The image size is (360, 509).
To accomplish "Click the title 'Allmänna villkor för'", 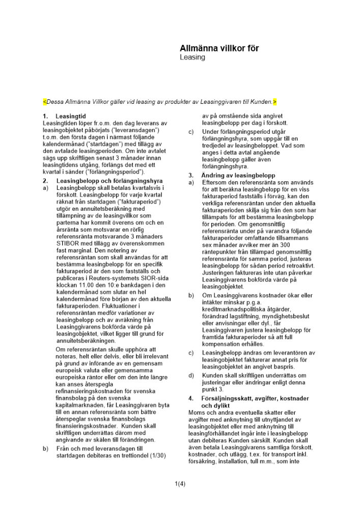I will (219, 48).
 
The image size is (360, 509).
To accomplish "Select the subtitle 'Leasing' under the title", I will (192, 58).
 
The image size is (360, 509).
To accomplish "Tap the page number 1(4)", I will (180, 484).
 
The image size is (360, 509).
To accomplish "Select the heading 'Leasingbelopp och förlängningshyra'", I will (109, 181).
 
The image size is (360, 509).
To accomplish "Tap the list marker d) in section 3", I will (191, 375).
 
